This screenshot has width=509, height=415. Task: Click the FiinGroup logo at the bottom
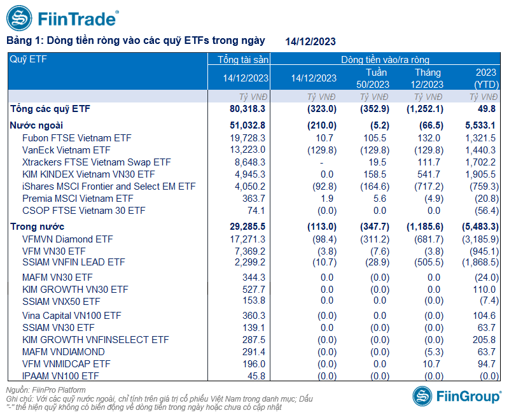[456, 396]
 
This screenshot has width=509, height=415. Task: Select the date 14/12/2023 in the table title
[310, 42]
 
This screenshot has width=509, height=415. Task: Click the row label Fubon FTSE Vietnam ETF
[76, 137]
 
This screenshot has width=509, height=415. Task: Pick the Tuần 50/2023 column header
[372, 78]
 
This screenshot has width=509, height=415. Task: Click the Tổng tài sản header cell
[244, 60]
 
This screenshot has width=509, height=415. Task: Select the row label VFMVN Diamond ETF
[67, 239]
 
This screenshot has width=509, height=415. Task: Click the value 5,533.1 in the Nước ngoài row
[480, 125]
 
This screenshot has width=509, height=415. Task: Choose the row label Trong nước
[37, 227]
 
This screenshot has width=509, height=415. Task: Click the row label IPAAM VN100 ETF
[61, 376]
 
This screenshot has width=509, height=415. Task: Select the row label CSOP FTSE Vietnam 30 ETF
[83, 211]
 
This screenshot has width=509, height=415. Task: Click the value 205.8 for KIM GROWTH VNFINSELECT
[484, 340]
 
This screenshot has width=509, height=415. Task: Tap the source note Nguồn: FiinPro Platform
[46, 390]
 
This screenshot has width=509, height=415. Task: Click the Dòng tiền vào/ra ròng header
[385, 60]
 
